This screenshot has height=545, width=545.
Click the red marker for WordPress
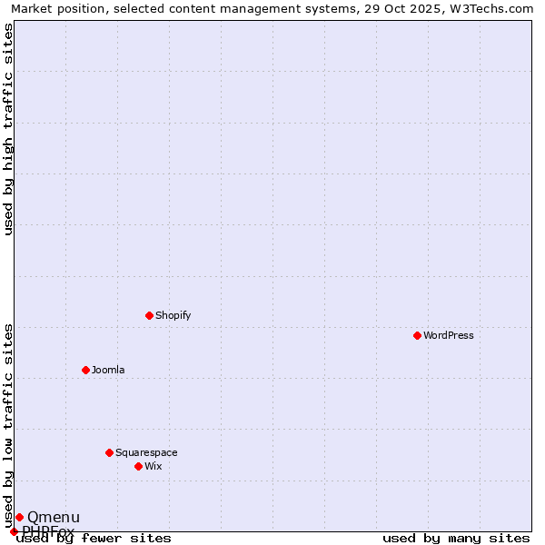pos(417,335)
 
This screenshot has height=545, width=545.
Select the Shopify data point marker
pos(149,315)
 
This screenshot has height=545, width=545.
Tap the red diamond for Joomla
pos(85,370)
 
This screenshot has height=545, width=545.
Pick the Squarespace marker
pos(109,452)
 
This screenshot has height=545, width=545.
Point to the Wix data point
pos(138,466)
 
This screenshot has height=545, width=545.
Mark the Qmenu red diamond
pos(19,517)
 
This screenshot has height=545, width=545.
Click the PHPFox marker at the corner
pos(14,531)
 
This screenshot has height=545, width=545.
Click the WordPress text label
pos(449,335)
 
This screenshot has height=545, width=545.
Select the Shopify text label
pos(173,315)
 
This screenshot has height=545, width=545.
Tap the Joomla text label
pos(108,370)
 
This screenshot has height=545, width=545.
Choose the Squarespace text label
pos(146,452)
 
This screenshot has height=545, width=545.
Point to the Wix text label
pos(154,466)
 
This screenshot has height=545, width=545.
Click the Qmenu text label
pos(54,518)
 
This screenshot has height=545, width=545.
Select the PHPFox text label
pos(49,530)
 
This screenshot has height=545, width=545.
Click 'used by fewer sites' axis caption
pos(94,539)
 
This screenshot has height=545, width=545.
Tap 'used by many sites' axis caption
pos(456,539)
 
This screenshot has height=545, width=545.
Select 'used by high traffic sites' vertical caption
pos(9,129)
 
